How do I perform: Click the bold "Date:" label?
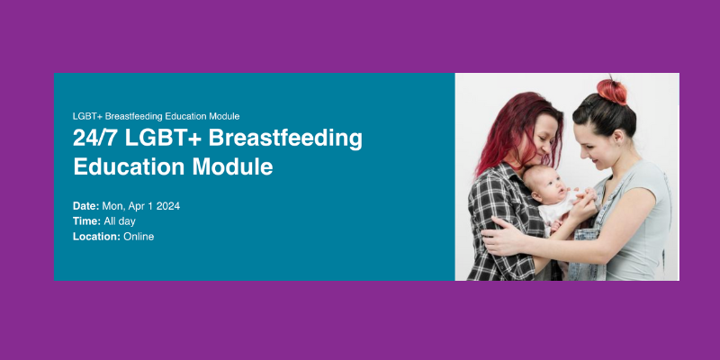(x=86, y=206)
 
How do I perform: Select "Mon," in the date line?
(x=115, y=206)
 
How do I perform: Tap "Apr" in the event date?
(x=139, y=206)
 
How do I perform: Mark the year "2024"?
(x=168, y=206)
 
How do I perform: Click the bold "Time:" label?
(x=86, y=221)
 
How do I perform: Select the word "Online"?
(x=139, y=237)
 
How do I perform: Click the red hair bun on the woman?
(x=612, y=91)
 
